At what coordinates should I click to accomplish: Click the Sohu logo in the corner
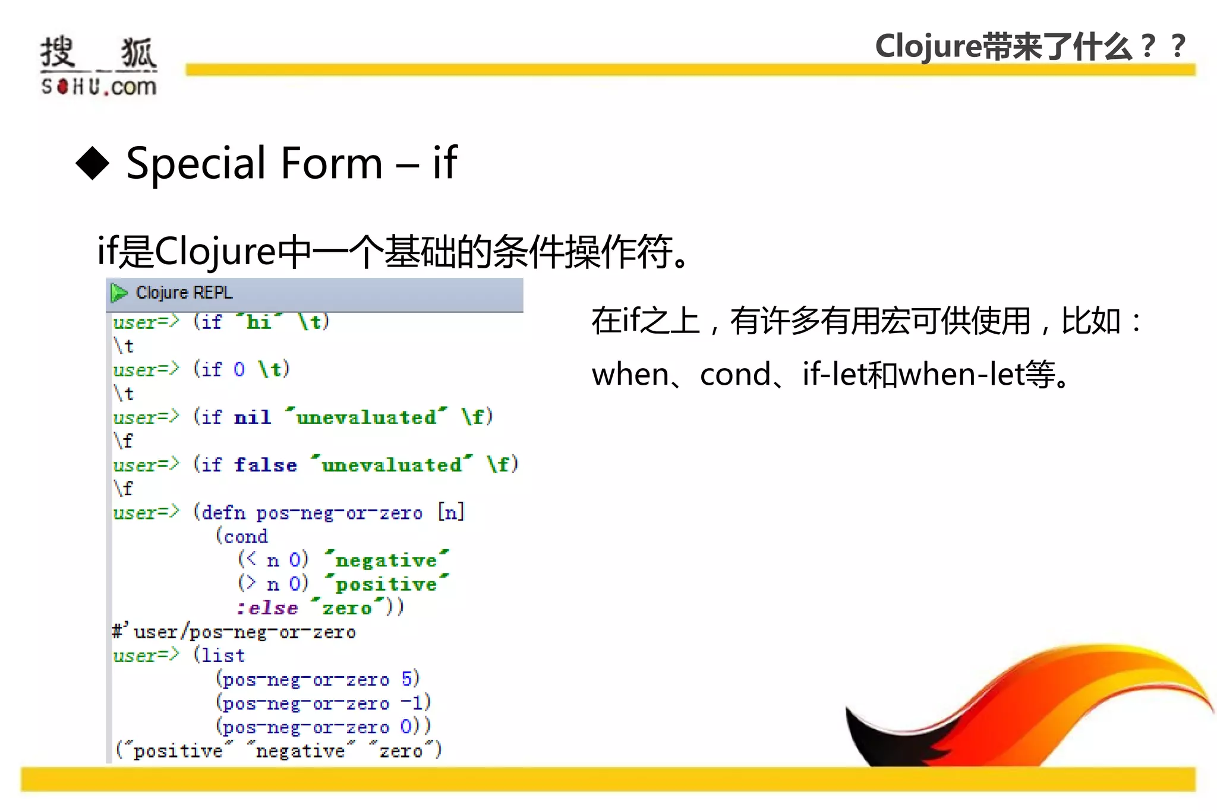click(x=99, y=66)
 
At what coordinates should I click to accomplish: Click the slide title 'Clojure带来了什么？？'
click(x=1030, y=46)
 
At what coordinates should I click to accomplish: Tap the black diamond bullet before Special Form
click(x=93, y=163)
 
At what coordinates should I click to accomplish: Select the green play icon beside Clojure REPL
click(x=119, y=293)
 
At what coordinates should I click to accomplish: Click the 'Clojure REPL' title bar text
click(x=184, y=293)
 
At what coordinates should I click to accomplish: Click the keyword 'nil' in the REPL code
click(x=253, y=417)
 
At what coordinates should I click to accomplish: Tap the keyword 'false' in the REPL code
click(x=265, y=465)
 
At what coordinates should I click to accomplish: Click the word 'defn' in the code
click(x=223, y=512)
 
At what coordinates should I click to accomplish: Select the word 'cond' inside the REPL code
click(x=245, y=537)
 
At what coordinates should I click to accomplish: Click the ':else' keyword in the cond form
click(x=267, y=608)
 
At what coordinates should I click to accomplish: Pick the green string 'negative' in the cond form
click(x=386, y=560)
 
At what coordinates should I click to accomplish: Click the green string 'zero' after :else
click(x=346, y=608)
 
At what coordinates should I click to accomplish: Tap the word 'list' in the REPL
click(x=222, y=655)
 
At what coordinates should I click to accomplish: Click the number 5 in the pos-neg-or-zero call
click(x=406, y=679)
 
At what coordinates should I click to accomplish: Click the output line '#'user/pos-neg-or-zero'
click(x=234, y=632)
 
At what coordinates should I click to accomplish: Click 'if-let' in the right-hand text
click(x=834, y=375)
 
